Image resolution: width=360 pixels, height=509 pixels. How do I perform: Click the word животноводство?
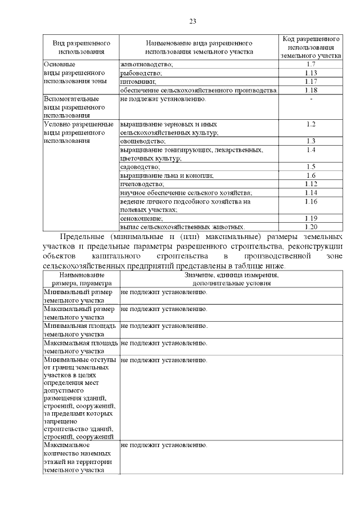pos(147,65)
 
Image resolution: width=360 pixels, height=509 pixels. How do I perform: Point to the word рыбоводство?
pos(141,73)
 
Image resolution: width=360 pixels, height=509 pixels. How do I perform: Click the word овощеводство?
pos(143,141)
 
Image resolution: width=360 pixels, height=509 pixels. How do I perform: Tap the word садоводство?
pos(140,167)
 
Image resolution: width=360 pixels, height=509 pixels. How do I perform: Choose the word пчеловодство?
pos(142,184)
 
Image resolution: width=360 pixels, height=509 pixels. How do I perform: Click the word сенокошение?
pos(142,218)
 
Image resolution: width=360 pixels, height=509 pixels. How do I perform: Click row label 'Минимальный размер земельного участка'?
pos(81,297)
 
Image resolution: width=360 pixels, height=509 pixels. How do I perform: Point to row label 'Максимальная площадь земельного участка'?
pos(81,346)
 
